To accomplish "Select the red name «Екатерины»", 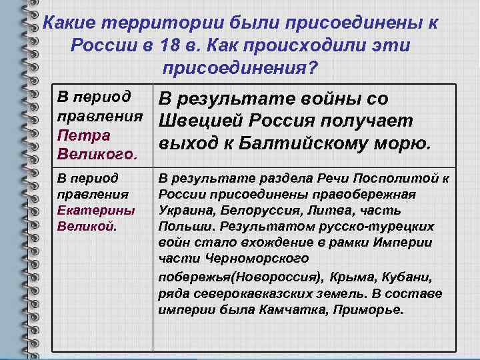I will pos(87,209).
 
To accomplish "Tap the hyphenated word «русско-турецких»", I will pos(393,226).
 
